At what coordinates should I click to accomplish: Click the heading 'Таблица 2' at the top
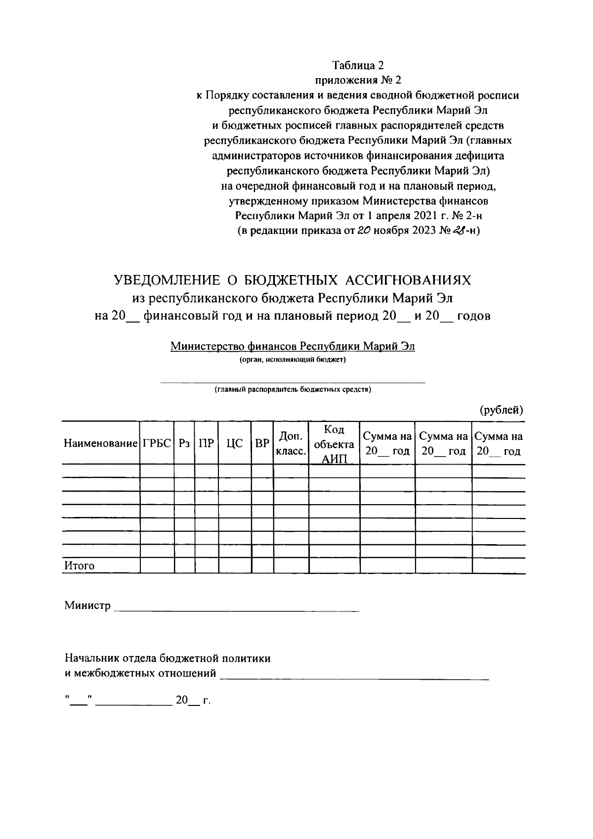point(358,65)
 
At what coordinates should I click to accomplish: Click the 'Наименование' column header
point(100,443)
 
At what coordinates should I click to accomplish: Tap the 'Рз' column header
point(184,443)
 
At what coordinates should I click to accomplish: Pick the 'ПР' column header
point(207,443)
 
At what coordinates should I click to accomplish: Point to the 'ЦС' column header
point(235,443)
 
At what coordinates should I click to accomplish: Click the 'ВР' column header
point(262,443)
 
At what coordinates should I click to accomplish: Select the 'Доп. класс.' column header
point(291,443)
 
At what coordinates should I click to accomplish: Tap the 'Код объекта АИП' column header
point(334,443)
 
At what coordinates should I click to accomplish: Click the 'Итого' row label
point(79,566)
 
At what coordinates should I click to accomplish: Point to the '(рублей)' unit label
point(501,410)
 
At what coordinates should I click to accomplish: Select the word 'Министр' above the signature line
point(87,606)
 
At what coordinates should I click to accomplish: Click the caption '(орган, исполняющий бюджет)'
point(293,360)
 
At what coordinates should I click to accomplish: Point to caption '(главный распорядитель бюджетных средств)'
point(293,389)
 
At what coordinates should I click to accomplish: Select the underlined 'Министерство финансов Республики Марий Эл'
point(293,346)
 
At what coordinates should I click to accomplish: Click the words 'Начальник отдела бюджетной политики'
point(168,658)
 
